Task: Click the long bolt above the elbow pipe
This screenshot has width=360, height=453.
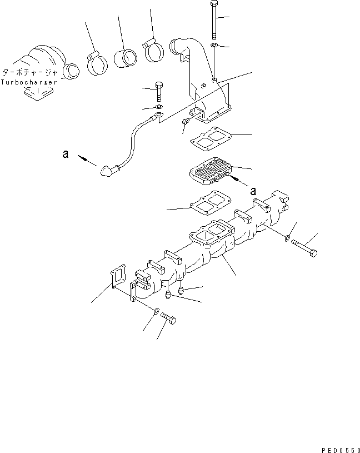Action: (x=214, y=18)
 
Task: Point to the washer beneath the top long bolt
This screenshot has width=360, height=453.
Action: (x=214, y=44)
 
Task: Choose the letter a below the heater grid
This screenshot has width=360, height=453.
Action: (x=253, y=190)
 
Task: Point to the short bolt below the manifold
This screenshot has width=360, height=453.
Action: (x=169, y=318)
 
